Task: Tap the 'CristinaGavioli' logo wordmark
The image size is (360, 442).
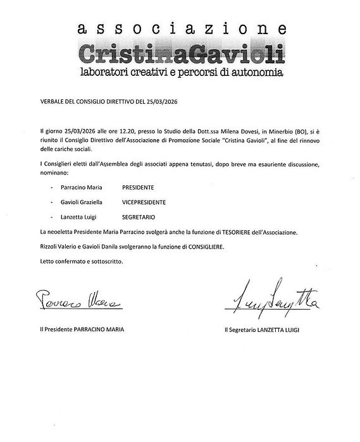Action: click(180, 52)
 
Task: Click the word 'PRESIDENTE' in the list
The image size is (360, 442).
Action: click(138, 188)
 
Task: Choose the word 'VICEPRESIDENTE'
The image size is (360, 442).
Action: click(145, 202)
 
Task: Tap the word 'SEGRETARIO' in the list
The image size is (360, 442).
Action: click(139, 216)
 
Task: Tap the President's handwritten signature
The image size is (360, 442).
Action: click(77, 297)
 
